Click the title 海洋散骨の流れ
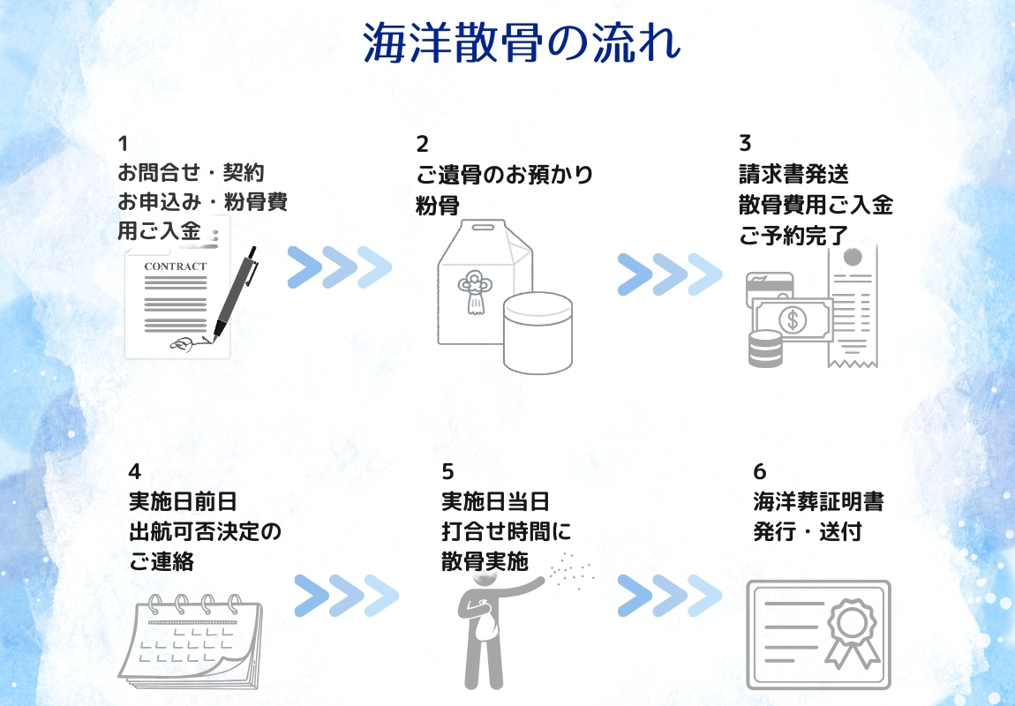point(522,41)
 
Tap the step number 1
point(124,143)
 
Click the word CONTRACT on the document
point(175,267)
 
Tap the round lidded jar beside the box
point(537,332)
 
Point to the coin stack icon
point(765,349)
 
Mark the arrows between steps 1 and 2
point(339,267)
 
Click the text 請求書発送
point(793,174)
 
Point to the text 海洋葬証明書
point(818,502)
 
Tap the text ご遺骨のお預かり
point(504,174)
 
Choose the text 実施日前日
point(183,502)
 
